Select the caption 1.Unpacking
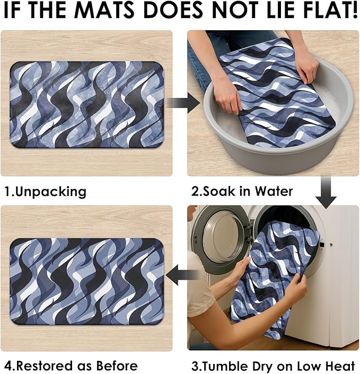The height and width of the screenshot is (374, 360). point(46,192)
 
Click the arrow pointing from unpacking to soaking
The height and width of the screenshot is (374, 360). point(183,103)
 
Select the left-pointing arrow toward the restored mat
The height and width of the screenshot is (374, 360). point(182,275)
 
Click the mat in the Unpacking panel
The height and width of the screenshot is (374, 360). point(86,104)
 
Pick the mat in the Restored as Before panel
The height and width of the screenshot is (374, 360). point(87,281)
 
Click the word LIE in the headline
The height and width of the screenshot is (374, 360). point(278,10)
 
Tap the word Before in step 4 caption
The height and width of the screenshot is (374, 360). point(117,366)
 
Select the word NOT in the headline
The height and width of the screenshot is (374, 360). point(236,10)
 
